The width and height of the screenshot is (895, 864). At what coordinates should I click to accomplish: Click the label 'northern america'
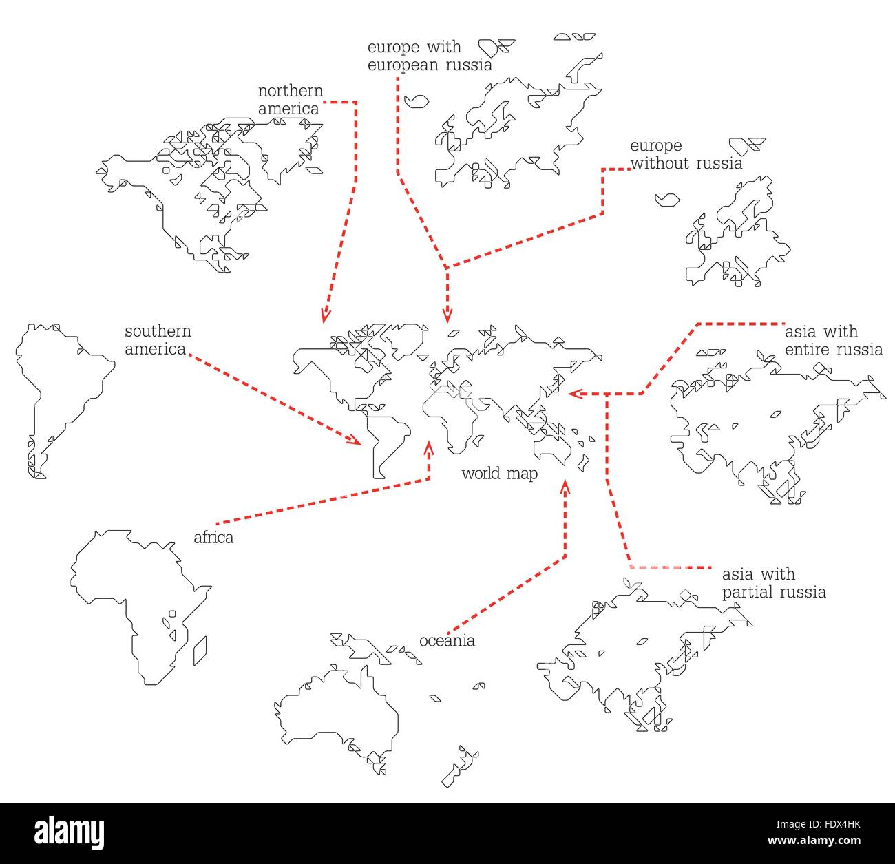290,100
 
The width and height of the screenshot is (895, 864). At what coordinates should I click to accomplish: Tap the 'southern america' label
158,340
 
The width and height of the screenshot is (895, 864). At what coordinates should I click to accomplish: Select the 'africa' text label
213,538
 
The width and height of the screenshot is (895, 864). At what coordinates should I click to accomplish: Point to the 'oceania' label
447,641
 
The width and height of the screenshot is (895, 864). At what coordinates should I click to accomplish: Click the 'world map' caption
499,474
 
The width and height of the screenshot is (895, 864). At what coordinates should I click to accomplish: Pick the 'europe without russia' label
686,155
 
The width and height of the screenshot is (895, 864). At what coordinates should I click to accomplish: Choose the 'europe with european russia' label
430,56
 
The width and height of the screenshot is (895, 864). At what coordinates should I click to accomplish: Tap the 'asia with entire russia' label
833,341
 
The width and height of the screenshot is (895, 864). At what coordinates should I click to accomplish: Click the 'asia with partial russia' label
773,583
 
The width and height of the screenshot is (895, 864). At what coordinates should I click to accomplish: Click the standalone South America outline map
59,392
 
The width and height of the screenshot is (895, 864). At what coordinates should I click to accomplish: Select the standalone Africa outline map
131,599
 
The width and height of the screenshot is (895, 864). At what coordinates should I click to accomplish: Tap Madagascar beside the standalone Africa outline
200,651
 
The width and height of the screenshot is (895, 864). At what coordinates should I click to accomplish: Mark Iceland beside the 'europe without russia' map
666,200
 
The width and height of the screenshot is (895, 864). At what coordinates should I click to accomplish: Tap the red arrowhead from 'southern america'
355,440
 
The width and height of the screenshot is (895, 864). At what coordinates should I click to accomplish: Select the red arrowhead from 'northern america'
326,315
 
